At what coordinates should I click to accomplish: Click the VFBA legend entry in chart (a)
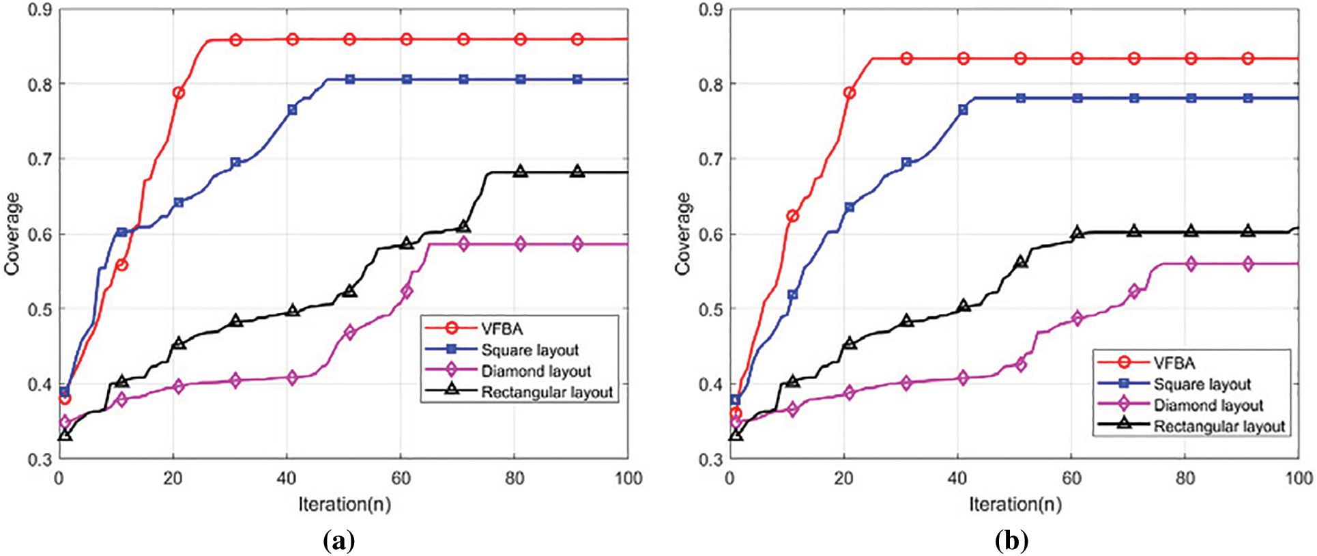[502, 329]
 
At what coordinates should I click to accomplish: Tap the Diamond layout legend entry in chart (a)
[536, 371]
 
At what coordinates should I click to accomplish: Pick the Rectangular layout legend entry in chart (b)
[1219, 426]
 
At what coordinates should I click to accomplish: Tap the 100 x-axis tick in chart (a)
[628, 478]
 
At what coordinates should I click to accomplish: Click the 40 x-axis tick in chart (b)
[958, 478]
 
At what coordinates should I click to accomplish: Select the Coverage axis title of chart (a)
[12, 234]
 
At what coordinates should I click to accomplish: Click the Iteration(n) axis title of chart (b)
[1015, 505]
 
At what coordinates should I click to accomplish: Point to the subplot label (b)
[1011, 541]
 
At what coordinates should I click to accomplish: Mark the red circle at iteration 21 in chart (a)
[179, 93]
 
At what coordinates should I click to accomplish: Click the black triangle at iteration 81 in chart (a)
[521, 171]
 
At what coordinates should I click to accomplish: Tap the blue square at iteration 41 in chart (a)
[293, 109]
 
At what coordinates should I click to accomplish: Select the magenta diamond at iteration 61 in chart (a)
[407, 292]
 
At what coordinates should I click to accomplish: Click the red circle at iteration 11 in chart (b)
[793, 216]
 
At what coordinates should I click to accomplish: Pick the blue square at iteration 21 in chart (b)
[850, 207]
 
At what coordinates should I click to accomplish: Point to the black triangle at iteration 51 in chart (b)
[1021, 262]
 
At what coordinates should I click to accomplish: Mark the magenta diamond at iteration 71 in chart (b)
[1134, 291]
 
